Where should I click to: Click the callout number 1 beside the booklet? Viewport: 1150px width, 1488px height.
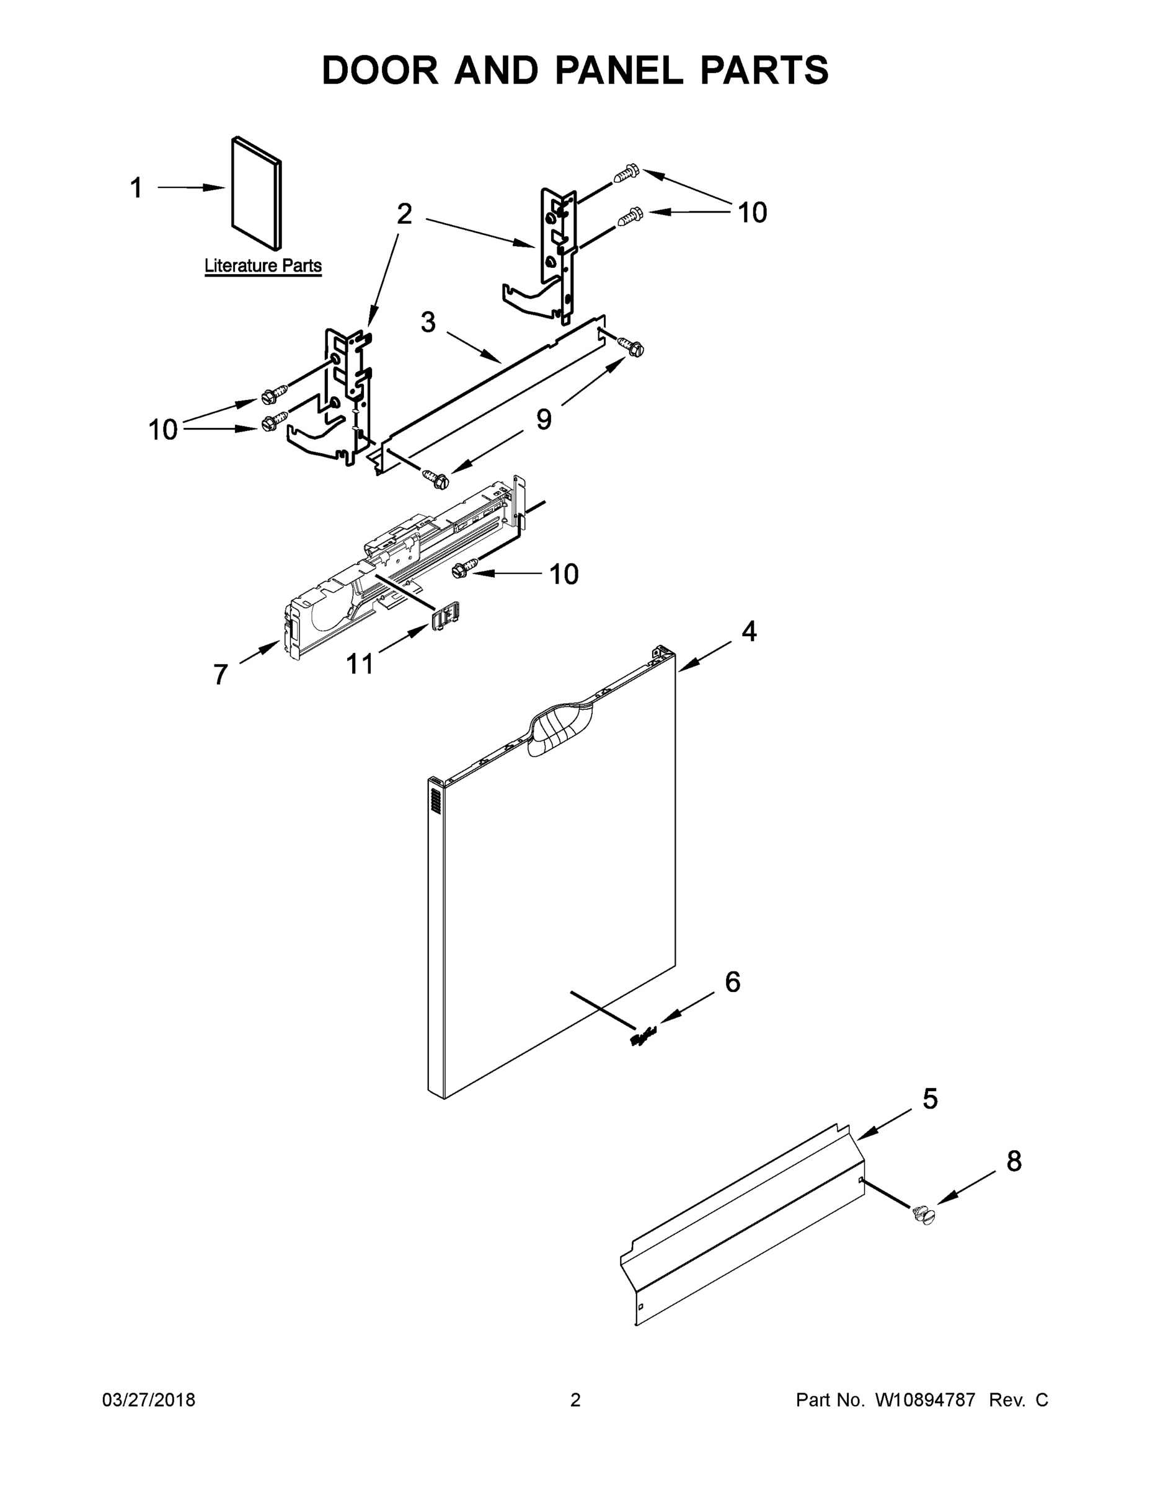point(136,188)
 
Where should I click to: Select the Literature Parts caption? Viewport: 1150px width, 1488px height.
point(263,266)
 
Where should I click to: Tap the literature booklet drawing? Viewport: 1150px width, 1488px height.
point(256,193)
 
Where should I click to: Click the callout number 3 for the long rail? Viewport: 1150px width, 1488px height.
point(428,322)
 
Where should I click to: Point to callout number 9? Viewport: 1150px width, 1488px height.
point(544,419)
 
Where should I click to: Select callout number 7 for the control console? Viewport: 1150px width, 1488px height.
point(220,675)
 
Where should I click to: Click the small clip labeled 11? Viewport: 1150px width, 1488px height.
point(446,615)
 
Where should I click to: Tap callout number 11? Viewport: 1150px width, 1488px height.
point(360,663)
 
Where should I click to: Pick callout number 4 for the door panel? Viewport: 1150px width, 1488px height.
point(749,632)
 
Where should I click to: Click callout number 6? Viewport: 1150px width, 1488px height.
point(732,982)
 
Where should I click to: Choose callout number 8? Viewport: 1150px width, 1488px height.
point(1014,1162)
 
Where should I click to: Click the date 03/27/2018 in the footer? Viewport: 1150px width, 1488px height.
point(149,1400)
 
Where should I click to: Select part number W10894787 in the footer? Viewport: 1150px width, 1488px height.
point(925,1400)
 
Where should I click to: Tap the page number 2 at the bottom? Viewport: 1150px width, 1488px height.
point(575,1400)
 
